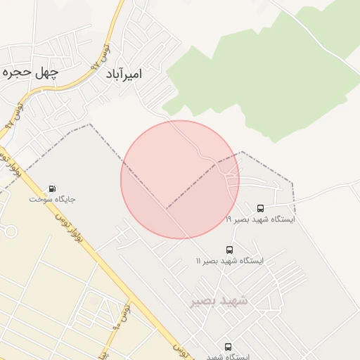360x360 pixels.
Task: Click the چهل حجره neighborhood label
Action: pos(29,72)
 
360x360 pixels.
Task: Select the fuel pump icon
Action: pos(52,188)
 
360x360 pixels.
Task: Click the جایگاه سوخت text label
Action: pos(52,199)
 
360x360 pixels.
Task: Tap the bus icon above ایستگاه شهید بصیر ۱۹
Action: pos(260,209)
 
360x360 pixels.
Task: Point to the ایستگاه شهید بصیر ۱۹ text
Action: pos(260,219)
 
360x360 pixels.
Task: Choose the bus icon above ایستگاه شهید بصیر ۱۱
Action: pos(229,250)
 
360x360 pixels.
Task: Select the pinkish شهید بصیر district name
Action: pos(219,301)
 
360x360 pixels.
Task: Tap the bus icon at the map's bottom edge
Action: pos(228,347)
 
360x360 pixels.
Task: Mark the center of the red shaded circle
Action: pos(180,179)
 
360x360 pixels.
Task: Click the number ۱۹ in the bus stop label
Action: pos(229,219)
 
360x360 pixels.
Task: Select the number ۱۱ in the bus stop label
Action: pos(199,261)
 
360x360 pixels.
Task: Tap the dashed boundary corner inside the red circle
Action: pos(167,208)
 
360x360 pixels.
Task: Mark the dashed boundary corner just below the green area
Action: pos(241,151)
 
